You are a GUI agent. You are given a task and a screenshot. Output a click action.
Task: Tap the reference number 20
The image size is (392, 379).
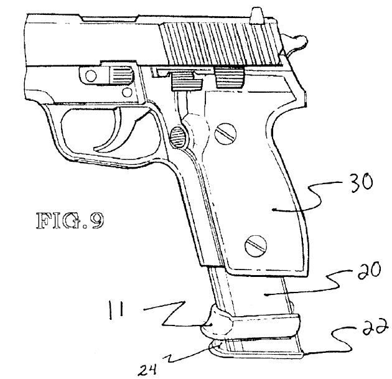[x=369, y=271]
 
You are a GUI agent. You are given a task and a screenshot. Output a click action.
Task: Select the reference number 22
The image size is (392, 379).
[x=376, y=327]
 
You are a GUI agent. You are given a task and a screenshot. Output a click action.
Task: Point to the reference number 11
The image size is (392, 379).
[x=116, y=311]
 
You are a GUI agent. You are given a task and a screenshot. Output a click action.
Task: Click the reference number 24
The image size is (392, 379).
[x=148, y=370]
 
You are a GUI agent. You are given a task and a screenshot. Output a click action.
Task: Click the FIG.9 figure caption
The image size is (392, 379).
[x=70, y=220]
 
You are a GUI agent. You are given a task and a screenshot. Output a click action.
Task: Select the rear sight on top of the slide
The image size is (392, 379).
[x=258, y=16]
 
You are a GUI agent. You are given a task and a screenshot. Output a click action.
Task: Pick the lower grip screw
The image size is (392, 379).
[x=256, y=246]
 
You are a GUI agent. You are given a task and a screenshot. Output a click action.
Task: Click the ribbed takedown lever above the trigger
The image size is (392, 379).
[x=121, y=75]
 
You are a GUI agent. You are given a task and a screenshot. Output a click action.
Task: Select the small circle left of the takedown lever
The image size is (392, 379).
[x=90, y=75]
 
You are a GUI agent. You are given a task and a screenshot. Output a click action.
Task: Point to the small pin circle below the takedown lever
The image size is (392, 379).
[x=127, y=93]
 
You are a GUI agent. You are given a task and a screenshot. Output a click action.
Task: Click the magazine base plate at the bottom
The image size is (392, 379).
[x=256, y=347]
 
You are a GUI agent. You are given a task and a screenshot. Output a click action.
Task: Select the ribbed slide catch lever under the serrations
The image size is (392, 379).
[x=230, y=78]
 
